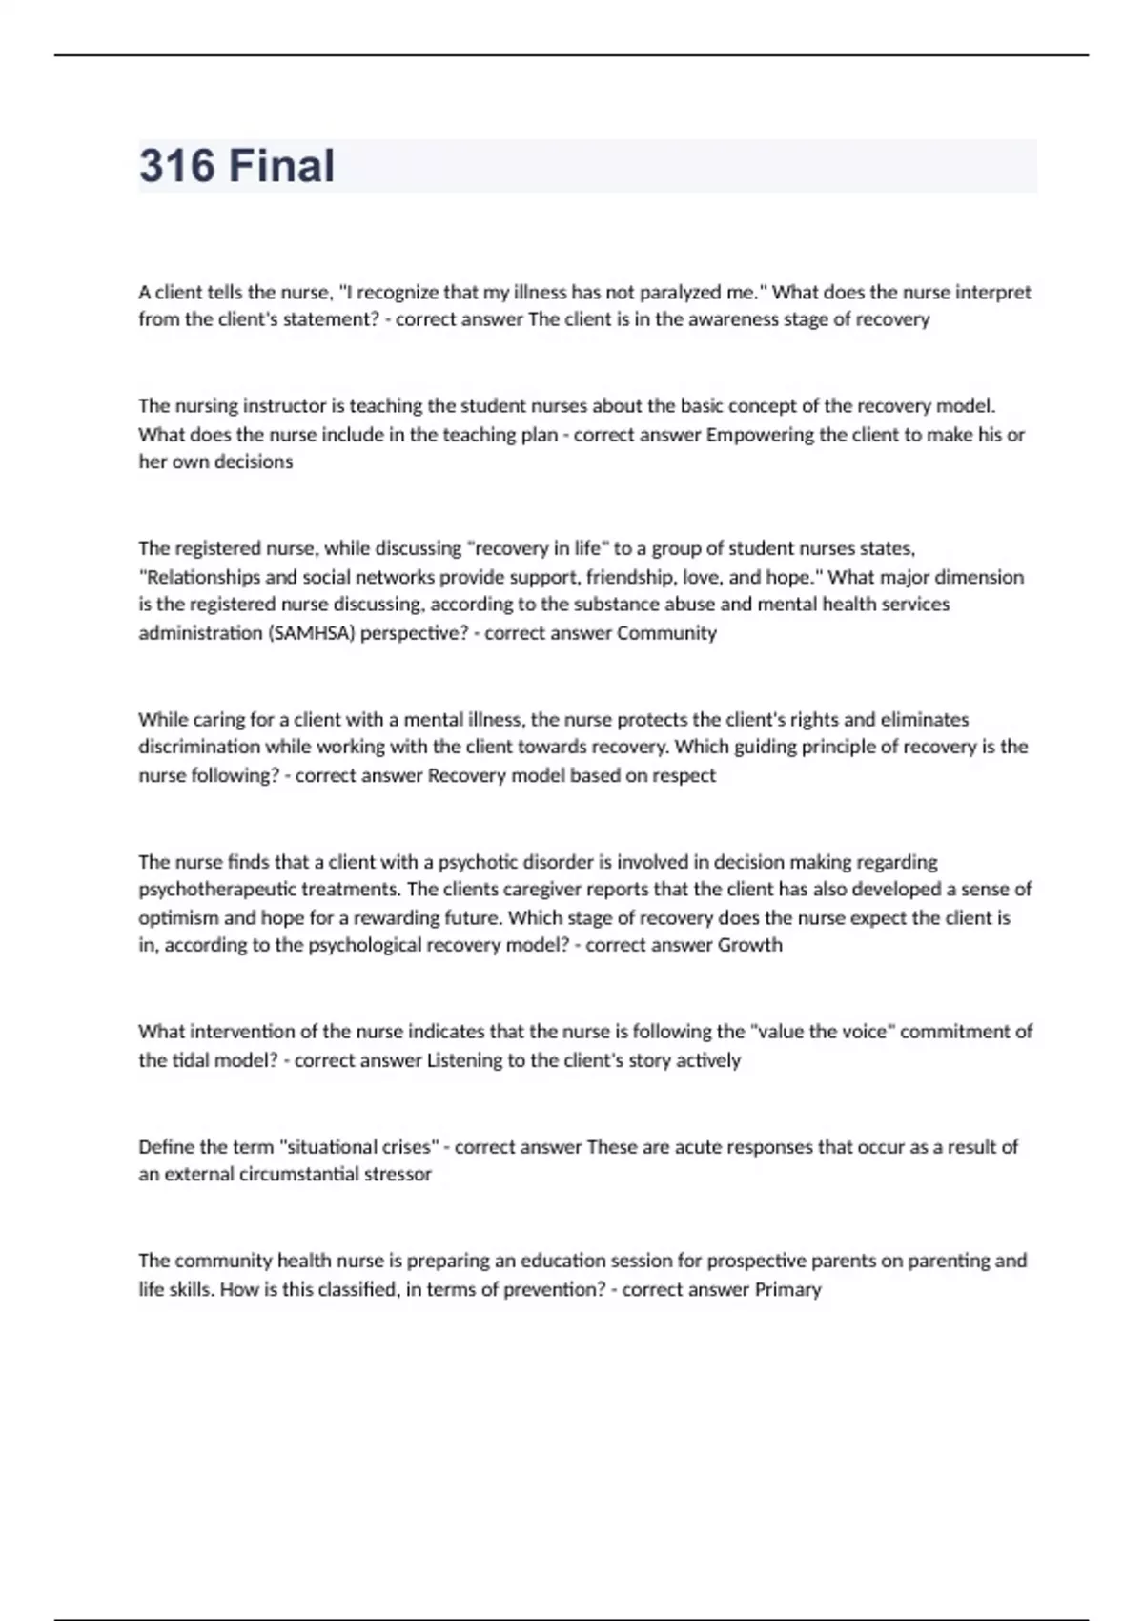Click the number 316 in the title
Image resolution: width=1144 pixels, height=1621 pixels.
(x=177, y=166)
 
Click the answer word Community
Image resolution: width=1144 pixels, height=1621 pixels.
(x=666, y=633)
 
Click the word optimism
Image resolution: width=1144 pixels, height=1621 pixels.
(x=178, y=918)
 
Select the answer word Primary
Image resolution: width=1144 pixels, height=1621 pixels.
(x=787, y=1289)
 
